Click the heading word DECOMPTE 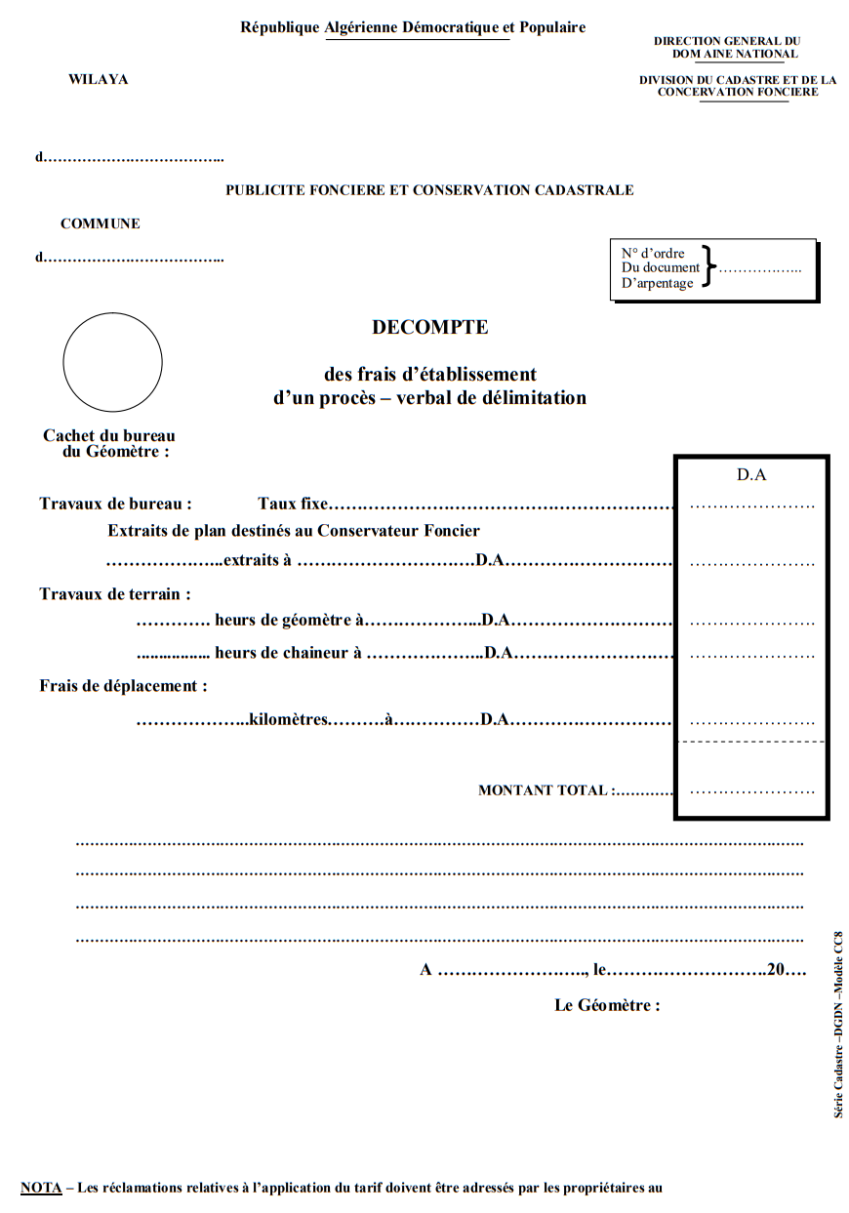click(x=429, y=328)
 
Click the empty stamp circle click(x=112, y=362)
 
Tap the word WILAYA click(x=98, y=79)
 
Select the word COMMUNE click(x=101, y=223)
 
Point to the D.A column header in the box click(x=751, y=475)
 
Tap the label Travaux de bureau click(x=115, y=505)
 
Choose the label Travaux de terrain click(x=115, y=593)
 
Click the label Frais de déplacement click(x=123, y=685)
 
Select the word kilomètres click(x=289, y=720)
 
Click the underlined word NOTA click(x=41, y=1188)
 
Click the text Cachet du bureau click(x=109, y=436)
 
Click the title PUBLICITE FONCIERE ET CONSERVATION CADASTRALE click(x=429, y=190)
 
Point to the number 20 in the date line click(x=777, y=970)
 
